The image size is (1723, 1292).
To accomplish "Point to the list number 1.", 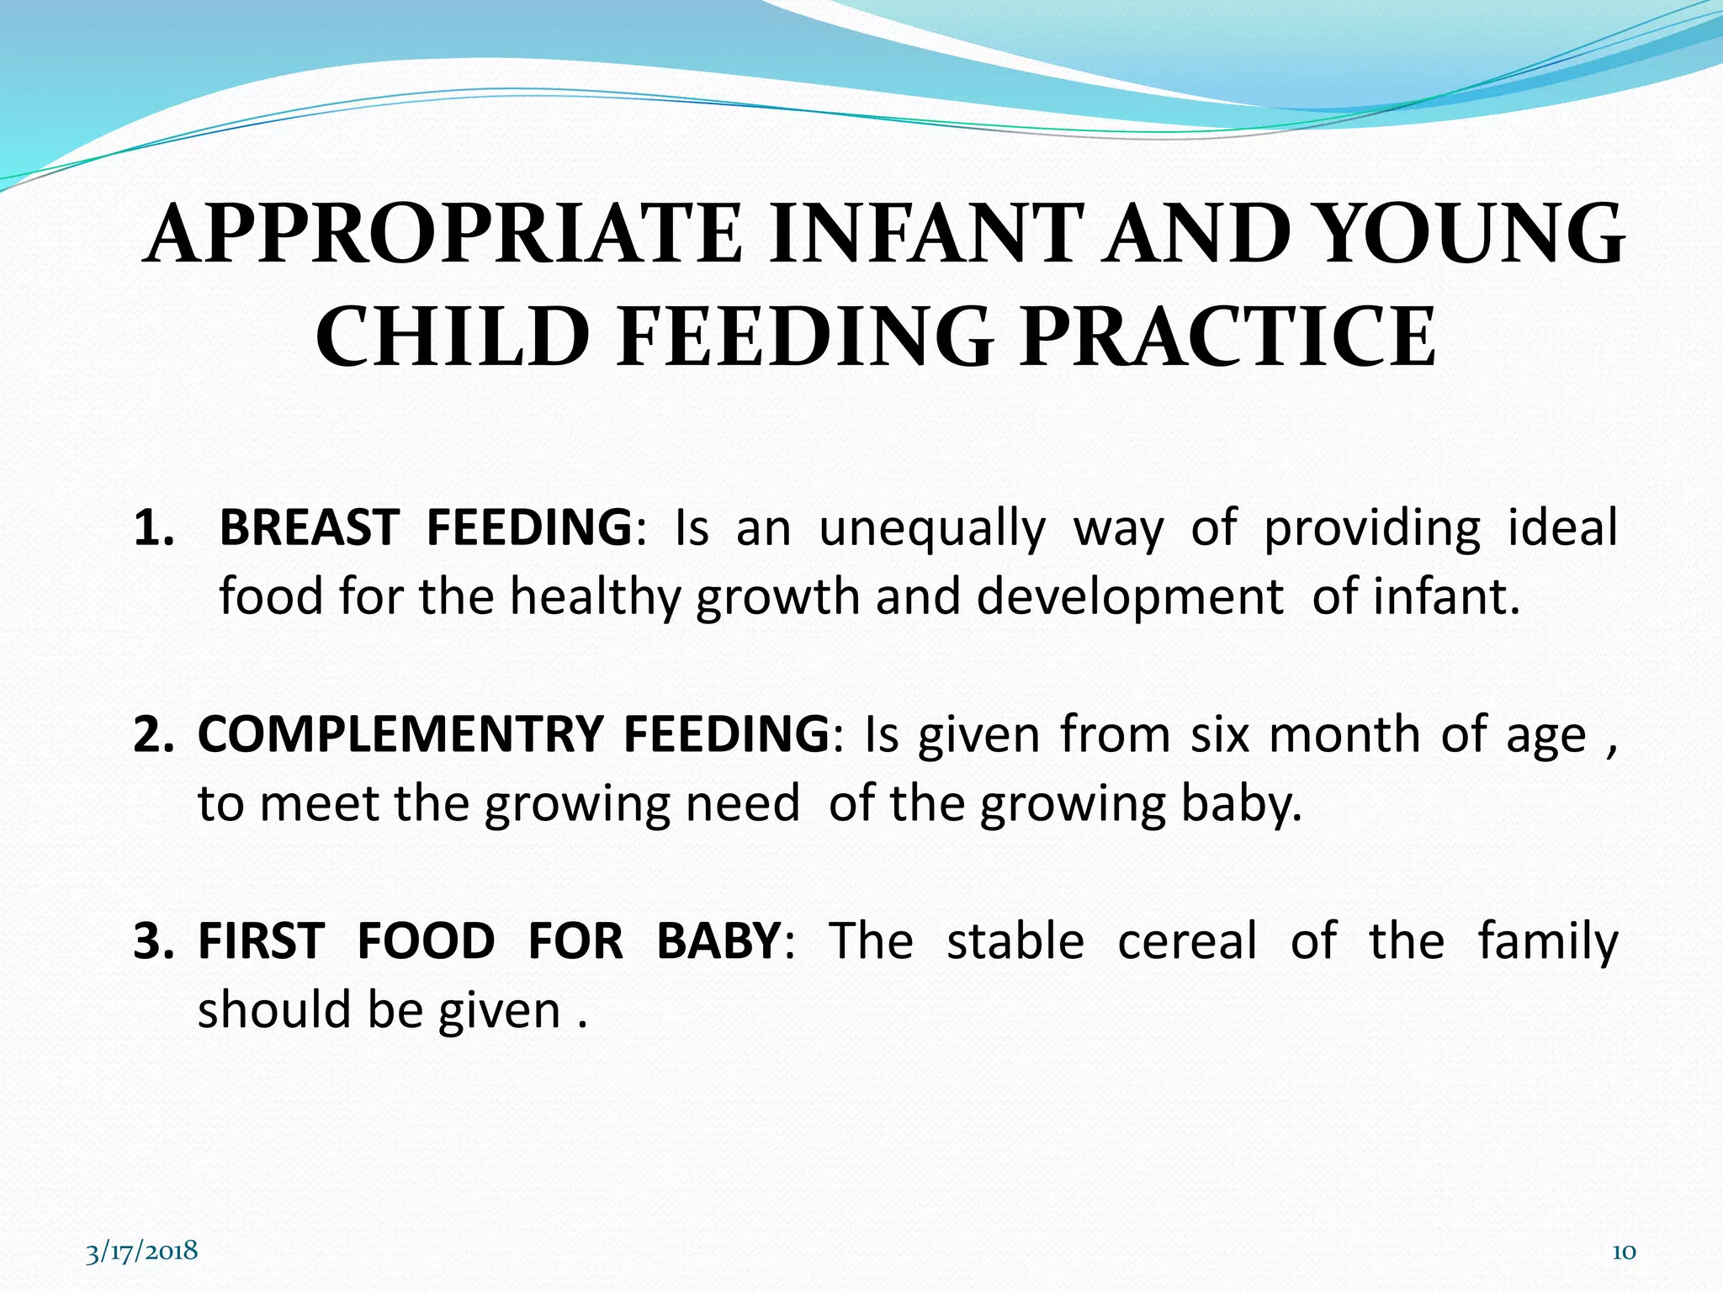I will pyautogui.click(x=153, y=528).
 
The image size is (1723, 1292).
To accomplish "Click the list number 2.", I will pyautogui.click(x=153, y=734).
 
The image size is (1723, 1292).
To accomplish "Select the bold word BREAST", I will pyautogui.click(x=309, y=528).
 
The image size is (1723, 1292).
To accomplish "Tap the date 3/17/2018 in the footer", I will pyautogui.click(x=141, y=1251).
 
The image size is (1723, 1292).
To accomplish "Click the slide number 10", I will pyautogui.click(x=1623, y=1252).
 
